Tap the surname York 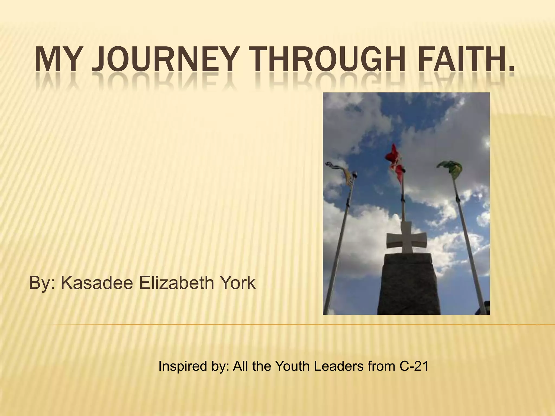[x=238, y=283]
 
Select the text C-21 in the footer [x=414, y=366]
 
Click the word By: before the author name [x=42, y=283]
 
